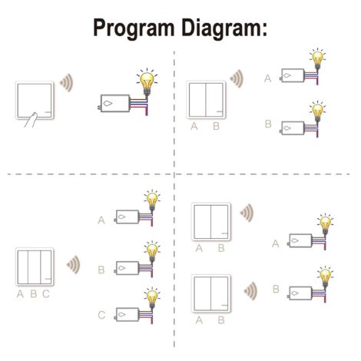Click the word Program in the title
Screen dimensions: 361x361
[x=134, y=28]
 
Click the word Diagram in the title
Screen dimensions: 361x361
[x=221, y=28]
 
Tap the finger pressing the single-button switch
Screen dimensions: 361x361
[x=31, y=120]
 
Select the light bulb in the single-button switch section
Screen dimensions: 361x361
[x=147, y=81]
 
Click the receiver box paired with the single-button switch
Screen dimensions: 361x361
[x=115, y=103]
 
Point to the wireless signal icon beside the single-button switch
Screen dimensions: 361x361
[x=67, y=83]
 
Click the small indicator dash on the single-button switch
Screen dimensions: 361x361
[x=48, y=112]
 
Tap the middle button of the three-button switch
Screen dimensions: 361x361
[x=34, y=267]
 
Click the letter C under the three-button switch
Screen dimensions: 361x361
[x=46, y=294]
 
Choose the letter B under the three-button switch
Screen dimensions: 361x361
[x=34, y=294]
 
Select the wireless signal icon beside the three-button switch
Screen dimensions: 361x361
[x=73, y=264]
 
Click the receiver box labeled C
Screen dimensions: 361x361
[x=128, y=314]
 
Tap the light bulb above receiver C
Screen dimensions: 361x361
[x=152, y=297]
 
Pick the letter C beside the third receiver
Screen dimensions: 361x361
[x=101, y=315]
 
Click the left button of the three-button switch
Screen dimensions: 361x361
[x=23, y=267]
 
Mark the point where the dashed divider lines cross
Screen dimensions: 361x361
[x=174, y=174]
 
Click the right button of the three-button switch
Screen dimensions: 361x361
[x=46, y=267]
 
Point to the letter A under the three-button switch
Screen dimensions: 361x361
[x=20, y=294]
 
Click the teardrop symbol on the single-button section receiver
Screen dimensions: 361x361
[x=108, y=104]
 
